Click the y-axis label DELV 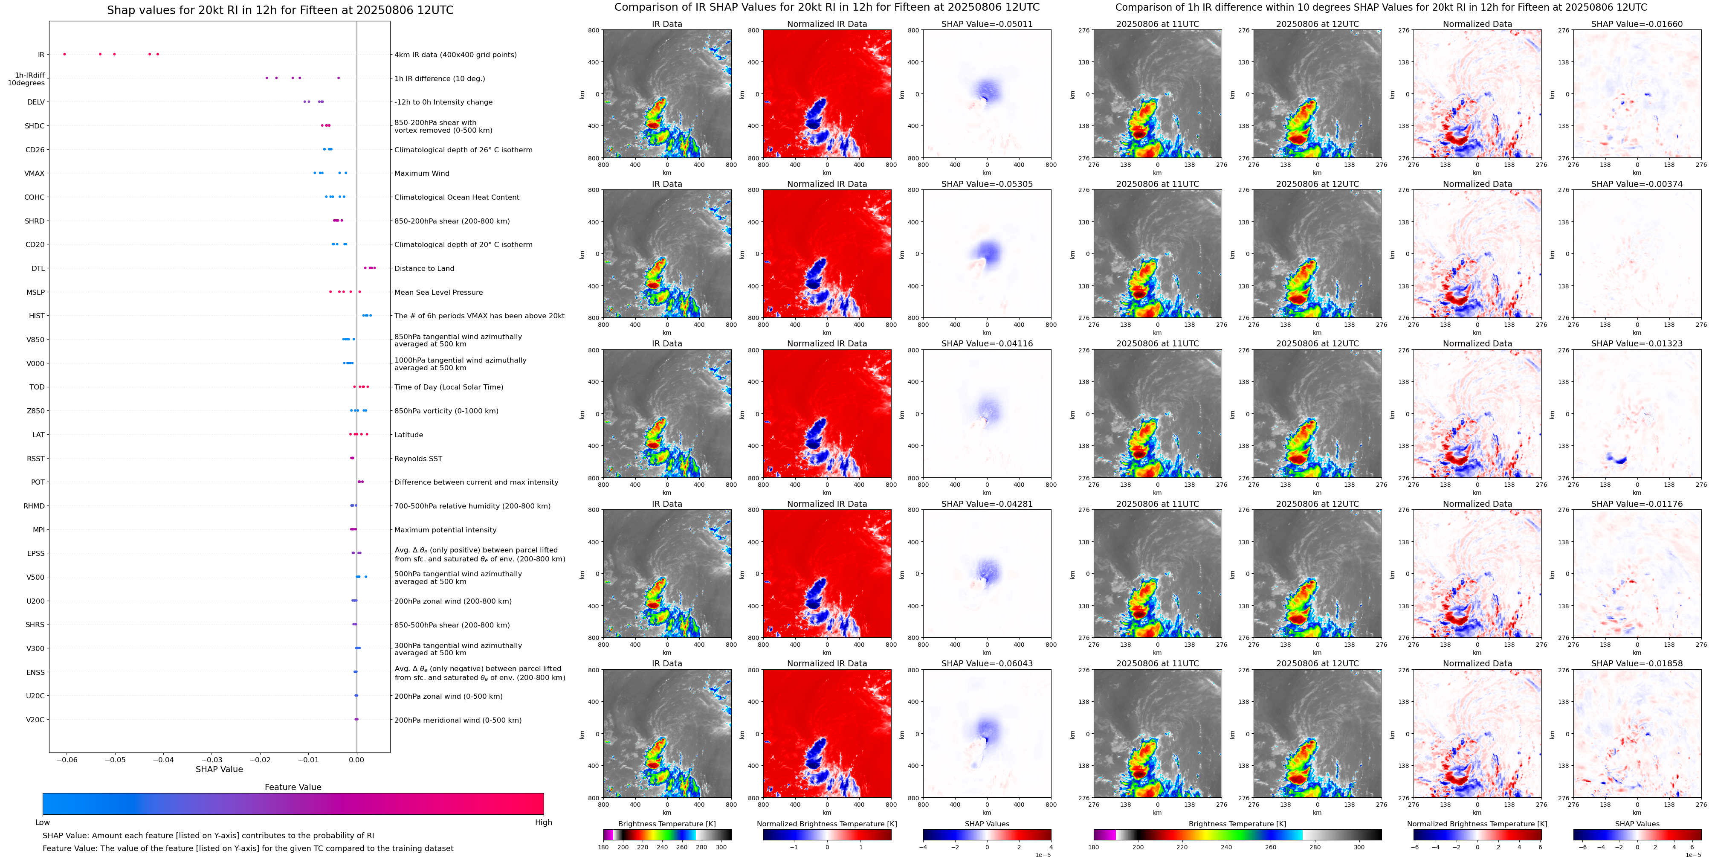pos(36,102)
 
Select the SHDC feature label pos(35,126)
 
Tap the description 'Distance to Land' pos(424,269)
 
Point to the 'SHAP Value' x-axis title pos(219,769)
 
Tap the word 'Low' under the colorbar pos(43,822)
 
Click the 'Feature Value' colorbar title pos(293,787)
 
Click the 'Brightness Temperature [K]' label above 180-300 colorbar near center pos(666,824)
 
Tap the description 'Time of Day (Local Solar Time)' pos(449,387)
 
